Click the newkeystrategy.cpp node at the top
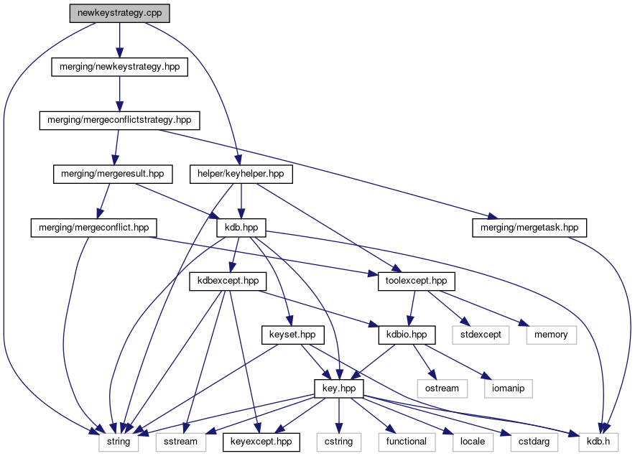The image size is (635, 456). point(120,14)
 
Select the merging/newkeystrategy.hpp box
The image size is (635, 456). point(119,67)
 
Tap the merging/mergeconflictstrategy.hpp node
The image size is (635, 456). point(119,120)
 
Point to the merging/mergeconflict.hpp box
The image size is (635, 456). point(94,228)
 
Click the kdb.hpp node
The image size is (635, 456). point(241,228)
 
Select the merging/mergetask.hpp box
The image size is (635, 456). point(529,228)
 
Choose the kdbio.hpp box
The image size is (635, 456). point(407,334)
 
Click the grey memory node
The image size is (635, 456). point(550,334)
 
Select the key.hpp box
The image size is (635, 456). point(339,388)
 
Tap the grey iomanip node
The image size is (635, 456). point(507,388)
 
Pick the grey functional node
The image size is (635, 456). point(407,442)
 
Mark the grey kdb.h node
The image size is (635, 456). point(597,442)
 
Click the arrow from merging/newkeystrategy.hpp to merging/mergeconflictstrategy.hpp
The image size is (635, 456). point(119,93)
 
